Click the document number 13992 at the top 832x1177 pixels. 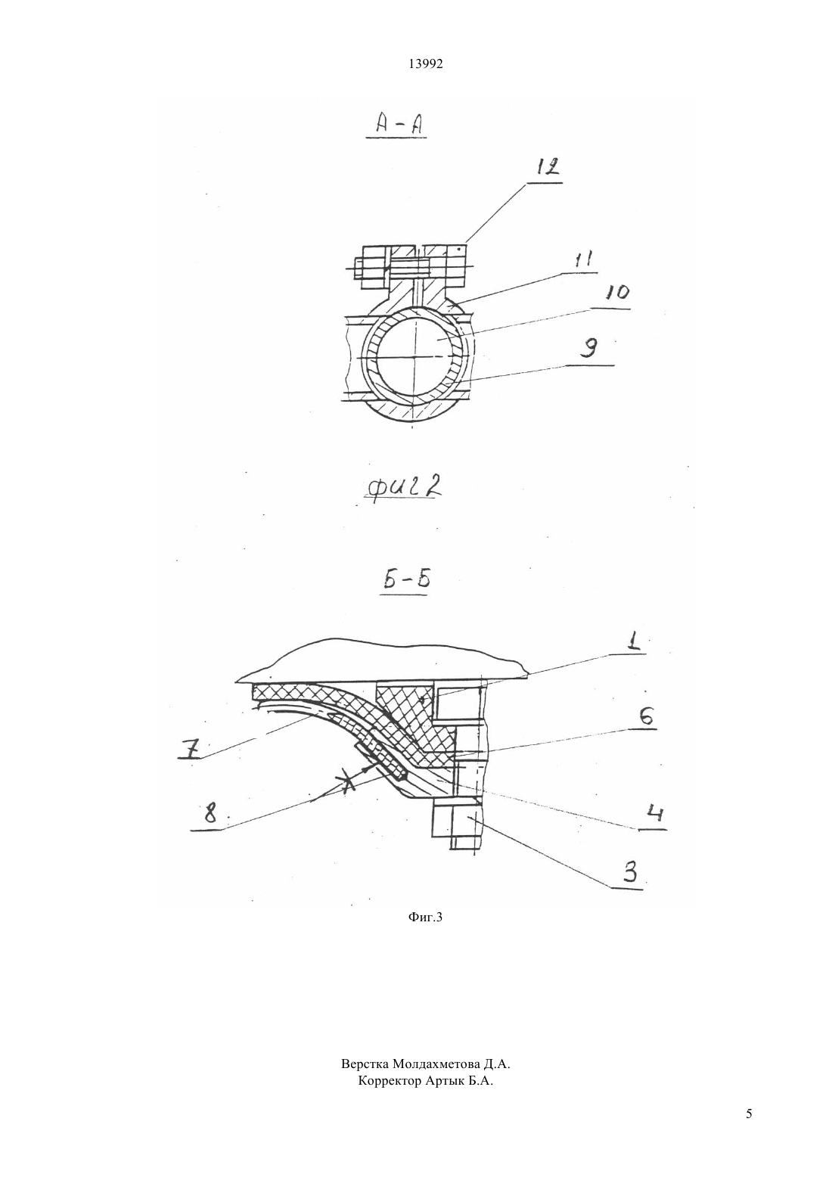tap(425, 64)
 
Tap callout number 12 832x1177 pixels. tap(547, 167)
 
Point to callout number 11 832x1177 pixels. tap(584, 260)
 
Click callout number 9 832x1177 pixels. tap(589, 347)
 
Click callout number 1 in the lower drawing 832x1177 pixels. tap(635, 643)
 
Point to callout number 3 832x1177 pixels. tap(630, 872)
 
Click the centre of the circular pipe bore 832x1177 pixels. tap(414, 357)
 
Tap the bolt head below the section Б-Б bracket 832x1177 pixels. tap(455, 828)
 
